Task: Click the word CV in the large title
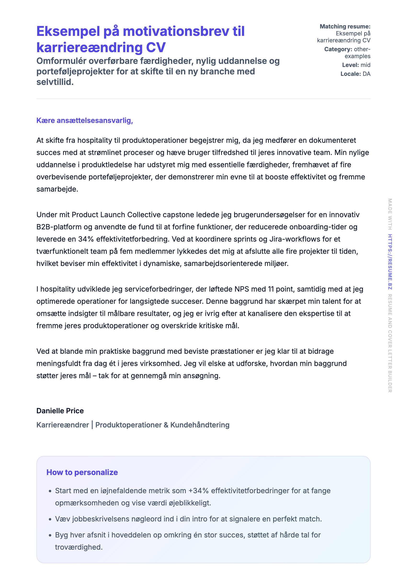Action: coord(156,48)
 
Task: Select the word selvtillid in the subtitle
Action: coord(55,82)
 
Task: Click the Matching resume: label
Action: coord(345,27)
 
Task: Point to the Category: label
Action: coord(338,49)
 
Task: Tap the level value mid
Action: coord(365,65)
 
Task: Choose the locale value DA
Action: coord(366,74)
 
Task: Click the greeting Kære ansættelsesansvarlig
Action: coord(85,121)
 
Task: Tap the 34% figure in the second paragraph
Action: coord(86,239)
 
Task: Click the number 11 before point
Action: coord(271,289)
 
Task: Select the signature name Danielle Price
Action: coord(60,411)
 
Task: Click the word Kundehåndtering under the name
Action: coord(200,425)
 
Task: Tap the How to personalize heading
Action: coord(82,473)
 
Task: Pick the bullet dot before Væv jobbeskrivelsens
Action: coord(50,519)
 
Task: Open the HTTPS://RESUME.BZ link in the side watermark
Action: coord(390,262)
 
